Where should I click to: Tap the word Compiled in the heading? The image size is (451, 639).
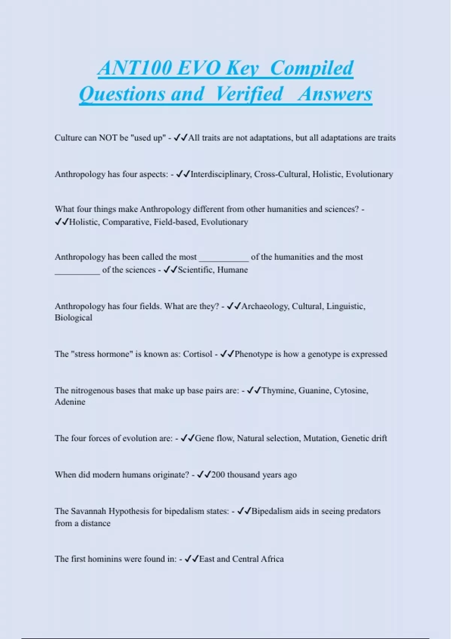point(312,68)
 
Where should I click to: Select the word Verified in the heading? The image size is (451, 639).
point(249,94)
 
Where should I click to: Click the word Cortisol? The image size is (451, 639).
point(197,354)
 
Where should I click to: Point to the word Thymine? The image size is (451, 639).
point(278,391)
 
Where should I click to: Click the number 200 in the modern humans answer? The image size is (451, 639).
point(218,475)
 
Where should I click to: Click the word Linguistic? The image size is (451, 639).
point(345,306)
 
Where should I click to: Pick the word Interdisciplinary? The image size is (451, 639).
point(221,174)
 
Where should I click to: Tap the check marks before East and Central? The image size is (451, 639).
point(191,559)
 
